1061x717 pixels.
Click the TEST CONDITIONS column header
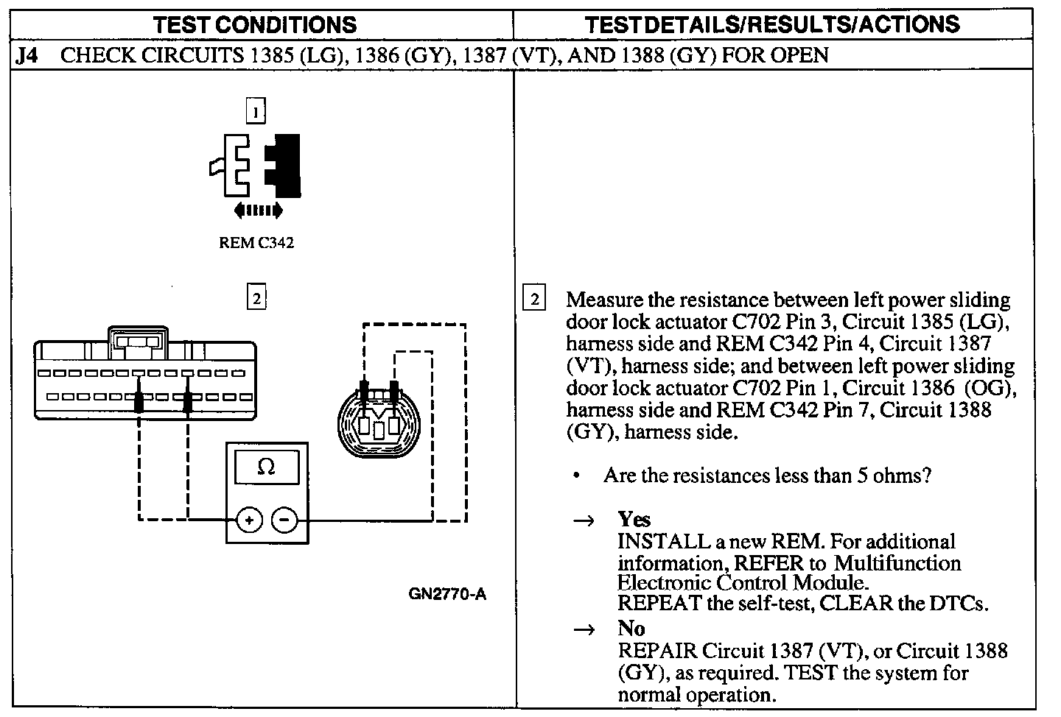(255, 24)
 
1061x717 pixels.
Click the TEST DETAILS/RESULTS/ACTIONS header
(772, 24)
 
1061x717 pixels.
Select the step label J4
(27, 56)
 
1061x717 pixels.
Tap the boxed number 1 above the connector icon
(255, 112)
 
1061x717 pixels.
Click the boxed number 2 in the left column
(255, 298)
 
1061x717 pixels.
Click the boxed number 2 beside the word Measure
(534, 298)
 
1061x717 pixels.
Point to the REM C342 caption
(256, 243)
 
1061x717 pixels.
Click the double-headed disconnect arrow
(258, 211)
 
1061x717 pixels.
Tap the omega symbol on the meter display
(267, 467)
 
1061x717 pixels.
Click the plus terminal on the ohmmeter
(249, 520)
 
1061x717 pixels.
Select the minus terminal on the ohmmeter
(284, 520)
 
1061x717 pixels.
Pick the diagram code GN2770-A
(447, 594)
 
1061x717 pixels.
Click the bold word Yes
(634, 520)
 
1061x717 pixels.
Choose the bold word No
(631, 629)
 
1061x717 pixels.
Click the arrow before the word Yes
(584, 521)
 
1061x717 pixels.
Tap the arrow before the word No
(584, 630)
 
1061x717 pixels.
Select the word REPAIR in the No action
(657, 651)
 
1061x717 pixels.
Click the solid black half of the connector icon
(285, 166)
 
